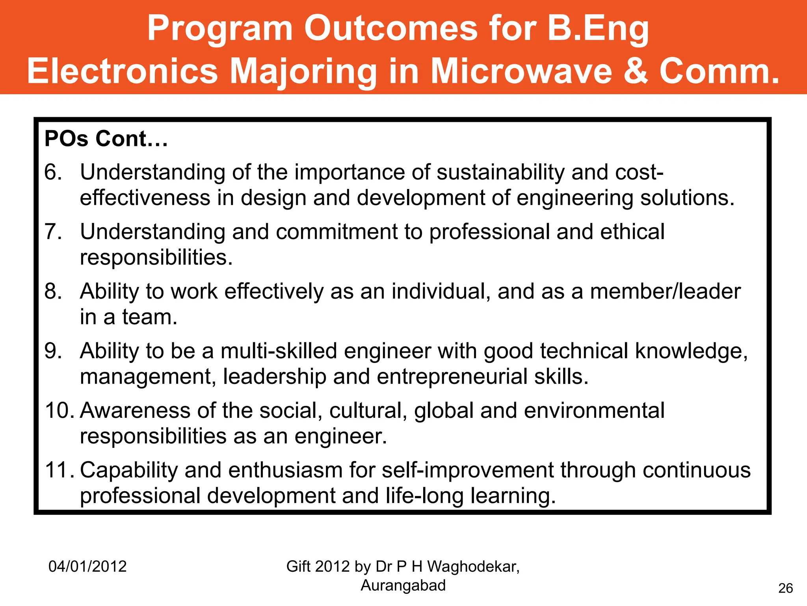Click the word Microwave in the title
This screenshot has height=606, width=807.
point(521,71)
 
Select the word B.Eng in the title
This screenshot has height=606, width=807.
point(598,28)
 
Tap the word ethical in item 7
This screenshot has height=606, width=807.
point(632,232)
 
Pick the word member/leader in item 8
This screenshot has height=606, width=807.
point(665,292)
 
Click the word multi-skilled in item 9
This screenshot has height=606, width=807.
point(279,351)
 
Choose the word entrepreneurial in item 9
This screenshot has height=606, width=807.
point(452,377)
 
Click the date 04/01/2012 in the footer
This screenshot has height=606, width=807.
point(87,567)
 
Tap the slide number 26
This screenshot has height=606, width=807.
point(785,588)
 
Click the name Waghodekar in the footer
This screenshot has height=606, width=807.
point(473,567)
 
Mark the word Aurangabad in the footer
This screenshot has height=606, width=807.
point(403,585)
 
